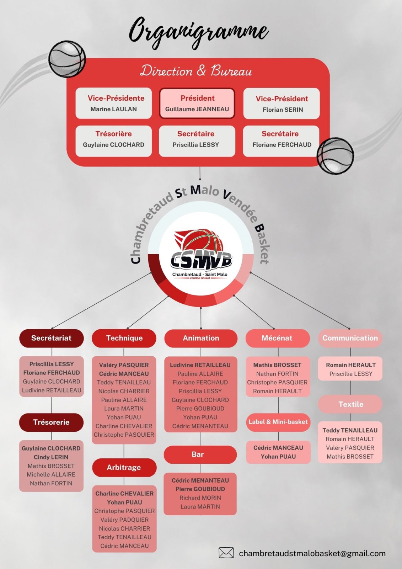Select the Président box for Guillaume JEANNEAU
tap(197, 103)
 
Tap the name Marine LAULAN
tap(113, 109)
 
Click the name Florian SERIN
tap(283, 110)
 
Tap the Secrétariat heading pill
tap(51, 338)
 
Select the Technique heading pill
tap(124, 338)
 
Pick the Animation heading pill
tap(201, 338)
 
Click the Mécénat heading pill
tap(277, 338)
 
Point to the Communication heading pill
tap(350, 338)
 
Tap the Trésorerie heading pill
tap(51, 422)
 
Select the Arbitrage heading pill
tap(124, 467)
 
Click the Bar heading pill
tap(200, 454)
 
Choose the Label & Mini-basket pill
tap(278, 422)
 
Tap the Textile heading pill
tap(350, 404)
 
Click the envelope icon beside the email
tap(226, 553)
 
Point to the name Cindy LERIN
tap(51, 457)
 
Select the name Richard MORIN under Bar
tap(200, 498)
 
